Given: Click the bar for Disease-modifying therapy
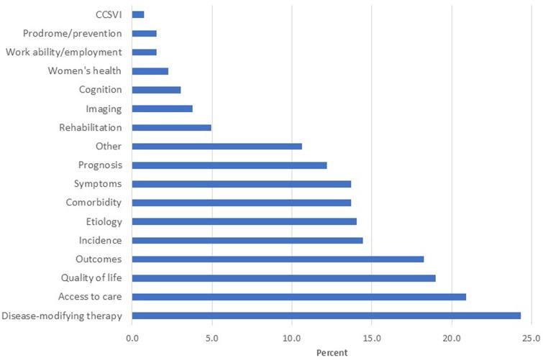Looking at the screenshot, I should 327,315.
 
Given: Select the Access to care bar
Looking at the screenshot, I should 299,297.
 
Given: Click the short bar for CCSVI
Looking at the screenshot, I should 138,14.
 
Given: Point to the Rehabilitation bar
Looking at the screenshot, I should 172,127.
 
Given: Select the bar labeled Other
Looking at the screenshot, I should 217,146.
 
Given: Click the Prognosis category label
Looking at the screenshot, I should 101,165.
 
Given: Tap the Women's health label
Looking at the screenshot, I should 84,70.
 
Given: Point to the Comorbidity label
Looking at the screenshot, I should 93,203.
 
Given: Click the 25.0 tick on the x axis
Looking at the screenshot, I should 531,338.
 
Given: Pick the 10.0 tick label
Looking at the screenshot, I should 291,338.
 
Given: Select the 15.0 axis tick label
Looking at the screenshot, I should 371,338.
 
